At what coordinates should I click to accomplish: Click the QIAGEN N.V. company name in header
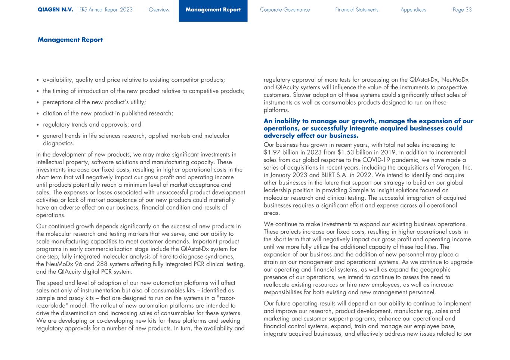pos(55,10)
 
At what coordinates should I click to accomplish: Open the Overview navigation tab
pos(159,10)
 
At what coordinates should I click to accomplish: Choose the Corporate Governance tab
pos(285,10)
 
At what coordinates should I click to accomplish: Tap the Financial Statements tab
pos(356,10)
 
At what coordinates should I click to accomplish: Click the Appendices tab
pos(413,10)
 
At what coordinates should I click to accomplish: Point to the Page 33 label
pos(462,10)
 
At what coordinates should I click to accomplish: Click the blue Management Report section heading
pos(70,40)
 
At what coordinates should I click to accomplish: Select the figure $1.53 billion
pos(355,152)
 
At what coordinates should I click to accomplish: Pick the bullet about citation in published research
pos(108,114)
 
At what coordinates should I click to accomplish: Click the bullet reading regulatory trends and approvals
pos(92,125)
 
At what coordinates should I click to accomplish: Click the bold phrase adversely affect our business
pos(311,136)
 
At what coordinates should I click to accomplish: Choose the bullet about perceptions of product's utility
pos(94,102)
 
